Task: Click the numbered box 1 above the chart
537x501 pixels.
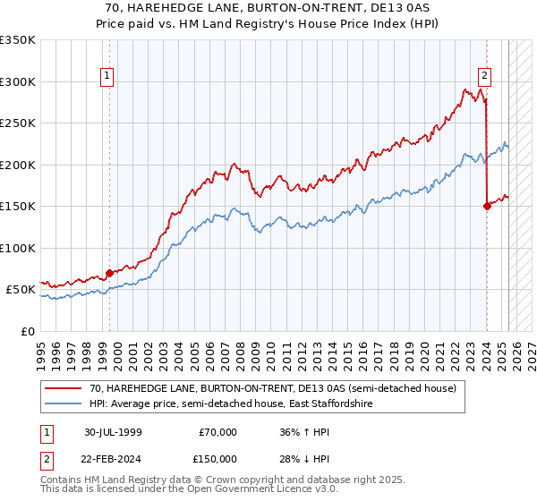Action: (107, 77)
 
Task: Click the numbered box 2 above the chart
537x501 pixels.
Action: (484, 77)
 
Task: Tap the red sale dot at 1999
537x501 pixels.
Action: (110, 273)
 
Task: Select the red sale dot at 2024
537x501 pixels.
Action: (487, 206)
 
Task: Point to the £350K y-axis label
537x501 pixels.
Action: (17, 40)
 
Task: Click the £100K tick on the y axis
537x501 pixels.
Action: (17, 249)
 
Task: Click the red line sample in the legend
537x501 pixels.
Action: (64, 388)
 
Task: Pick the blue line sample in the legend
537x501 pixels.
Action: (64, 404)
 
